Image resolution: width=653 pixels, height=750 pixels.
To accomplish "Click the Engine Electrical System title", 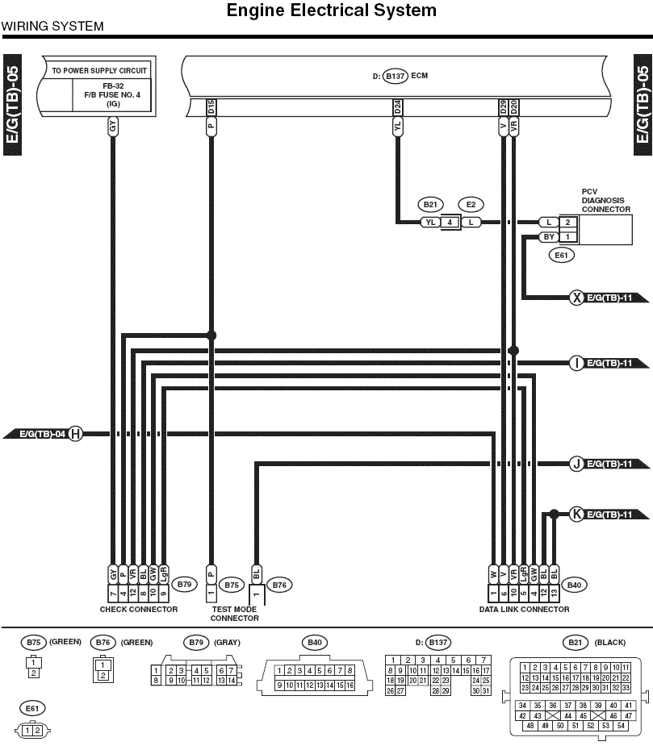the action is pyautogui.click(x=331, y=10).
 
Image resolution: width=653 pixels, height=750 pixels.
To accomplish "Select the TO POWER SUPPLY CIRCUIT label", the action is pyautogui.click(x=99, y=70).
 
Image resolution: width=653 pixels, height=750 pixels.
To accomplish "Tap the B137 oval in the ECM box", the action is pyautogui.click(x=396, y=76).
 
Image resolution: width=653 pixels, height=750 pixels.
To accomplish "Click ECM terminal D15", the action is pyautogui.click(x=211, y=107).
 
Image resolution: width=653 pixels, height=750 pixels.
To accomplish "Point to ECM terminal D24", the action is pyautogui.click(x=397, y=107).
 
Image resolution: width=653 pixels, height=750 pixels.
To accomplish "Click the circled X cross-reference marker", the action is pyautogui.click(x=577, y=298).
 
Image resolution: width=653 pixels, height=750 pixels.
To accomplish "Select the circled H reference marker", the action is pyautogui.click(x=75, y=434).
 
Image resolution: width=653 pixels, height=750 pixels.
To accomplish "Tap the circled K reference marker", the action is pyautogui.click(x=577, y=515).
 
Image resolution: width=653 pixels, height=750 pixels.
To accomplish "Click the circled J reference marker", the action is pyautogui.click(x=577, y=464).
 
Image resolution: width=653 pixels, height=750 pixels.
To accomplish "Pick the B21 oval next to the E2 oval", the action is pyautogui.click(x=430, y=205).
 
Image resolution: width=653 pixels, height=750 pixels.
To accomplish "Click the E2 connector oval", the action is pyautogui.click(x=471, y=205).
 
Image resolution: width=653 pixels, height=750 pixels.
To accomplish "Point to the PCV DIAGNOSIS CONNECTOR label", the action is pyautogui.click(x=605, y=201).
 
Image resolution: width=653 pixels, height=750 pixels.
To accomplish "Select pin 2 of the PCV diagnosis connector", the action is pyautogui.click(x=567, y=223).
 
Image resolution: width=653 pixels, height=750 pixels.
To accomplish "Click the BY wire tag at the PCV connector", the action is pyautogui.click(x=549, y=237).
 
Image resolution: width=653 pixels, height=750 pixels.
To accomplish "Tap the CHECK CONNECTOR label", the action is pyautogui.click(x=138, y=610).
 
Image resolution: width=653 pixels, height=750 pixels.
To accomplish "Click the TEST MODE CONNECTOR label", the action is pyautogui.click(x=234, y=614).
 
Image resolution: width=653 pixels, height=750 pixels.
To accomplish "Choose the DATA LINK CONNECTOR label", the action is pyautogui.click(x=524, y=610).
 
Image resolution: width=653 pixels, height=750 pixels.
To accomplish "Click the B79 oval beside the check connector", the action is pyautogui.click(x=184, y=585).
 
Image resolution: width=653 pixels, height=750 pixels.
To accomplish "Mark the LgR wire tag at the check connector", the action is pyautogui.click(x=163, y=573).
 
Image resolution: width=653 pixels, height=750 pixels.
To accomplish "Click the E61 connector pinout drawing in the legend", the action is pyautogui.click(x=32, y=731).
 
